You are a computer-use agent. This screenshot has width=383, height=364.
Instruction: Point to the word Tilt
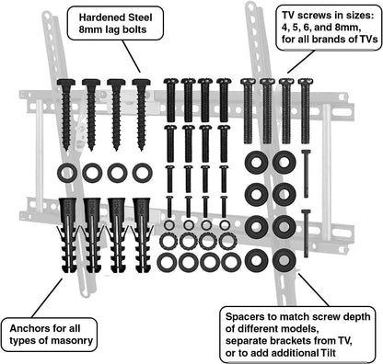pyautogui.click(x=328, y=353)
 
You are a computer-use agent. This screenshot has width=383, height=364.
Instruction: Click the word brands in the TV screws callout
pyautogui.click(x=329, y=40)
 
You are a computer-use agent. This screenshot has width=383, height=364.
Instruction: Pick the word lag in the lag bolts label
pyautogui.click(x=116, y=30)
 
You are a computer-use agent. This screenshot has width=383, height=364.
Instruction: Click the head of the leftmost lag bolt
pyautogui.click(x=66, y=82)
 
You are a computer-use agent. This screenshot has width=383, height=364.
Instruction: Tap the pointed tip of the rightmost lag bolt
pyautogui.click(x=141, y=150)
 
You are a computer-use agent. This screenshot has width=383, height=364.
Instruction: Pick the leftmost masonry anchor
pyautogui.click(x=69, y=235)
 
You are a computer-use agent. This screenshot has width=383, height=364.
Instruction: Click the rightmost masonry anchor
pyautogui.click(x=142, y=235)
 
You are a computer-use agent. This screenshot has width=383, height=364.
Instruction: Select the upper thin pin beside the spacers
pyautogui.click(x=306, y=174)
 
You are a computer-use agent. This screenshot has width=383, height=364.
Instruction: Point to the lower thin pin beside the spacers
pyautogui.click(x=306, y=233)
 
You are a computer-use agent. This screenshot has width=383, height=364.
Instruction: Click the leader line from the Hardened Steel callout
pyautogui.click(x=131, y=56)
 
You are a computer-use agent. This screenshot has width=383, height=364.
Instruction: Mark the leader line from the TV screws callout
pyautogui.click(x=301, y=62)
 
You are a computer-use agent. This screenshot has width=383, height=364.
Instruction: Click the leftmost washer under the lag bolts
pyautogui.click(x=67, y=173)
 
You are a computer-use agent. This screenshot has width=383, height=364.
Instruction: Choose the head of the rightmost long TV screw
pyautogui.click(x=306, y=82)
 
